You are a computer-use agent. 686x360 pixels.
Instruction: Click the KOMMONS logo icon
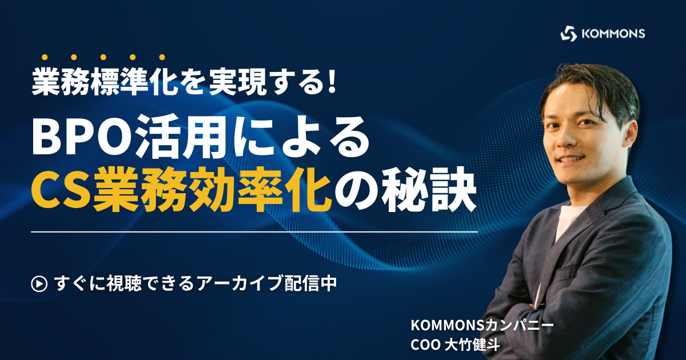(x=569, y=33)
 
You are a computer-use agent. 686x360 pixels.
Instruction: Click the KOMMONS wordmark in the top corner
(x=613, y=34)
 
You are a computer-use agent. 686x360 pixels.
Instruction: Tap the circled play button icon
(x=39, y=283)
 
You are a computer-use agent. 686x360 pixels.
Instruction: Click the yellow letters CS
(x=61, y=193)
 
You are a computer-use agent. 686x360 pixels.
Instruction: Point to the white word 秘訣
(x=429, y=193)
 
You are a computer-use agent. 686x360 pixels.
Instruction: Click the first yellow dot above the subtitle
(x=45, y=57)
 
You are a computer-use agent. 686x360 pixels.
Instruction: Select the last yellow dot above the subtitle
(x=162, y=57)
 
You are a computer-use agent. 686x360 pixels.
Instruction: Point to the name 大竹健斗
(x=472, y=345)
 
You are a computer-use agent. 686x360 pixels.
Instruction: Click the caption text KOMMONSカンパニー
(x=482, y=326)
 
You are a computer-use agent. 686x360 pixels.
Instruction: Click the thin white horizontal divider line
(x=254, y=232)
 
